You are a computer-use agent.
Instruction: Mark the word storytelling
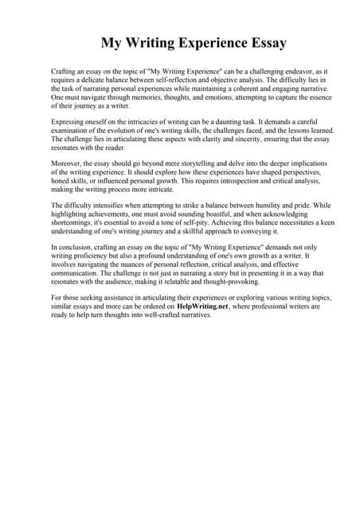(194, 163)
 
